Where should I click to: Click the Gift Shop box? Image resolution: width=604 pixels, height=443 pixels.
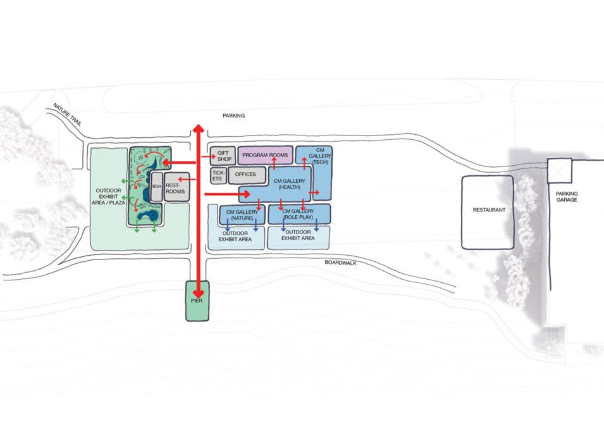click(223, 156)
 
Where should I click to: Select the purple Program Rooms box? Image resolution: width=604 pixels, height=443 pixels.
click(266, 155)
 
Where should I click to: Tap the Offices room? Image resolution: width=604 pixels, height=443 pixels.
click(247, 175)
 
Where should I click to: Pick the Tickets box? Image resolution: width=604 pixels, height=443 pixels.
click(218, 175)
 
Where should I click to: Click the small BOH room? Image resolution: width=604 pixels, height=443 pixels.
click(157, 187)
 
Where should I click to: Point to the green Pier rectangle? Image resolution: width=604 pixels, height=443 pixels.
click(197, 301)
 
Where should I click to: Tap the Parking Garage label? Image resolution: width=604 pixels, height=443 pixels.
click(567, 197)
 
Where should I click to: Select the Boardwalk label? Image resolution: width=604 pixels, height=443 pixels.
click(340, 263)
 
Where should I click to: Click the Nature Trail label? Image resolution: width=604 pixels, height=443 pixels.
click(68, 115)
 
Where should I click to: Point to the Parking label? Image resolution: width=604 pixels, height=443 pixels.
click(233, 115)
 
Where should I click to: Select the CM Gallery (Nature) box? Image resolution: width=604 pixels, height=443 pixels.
click(242, 215)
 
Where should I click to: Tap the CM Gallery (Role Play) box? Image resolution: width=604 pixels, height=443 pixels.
click(299, 214)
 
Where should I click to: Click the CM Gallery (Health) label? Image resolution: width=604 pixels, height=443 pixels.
click(289, 184)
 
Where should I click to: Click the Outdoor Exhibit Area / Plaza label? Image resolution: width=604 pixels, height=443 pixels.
click(108, 196)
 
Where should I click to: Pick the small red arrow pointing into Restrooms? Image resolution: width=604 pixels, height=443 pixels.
click(187, 179)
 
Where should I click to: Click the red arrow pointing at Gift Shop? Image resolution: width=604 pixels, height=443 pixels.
click(208, 156)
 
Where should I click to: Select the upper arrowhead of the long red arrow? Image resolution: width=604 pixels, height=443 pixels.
click(199, 128)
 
